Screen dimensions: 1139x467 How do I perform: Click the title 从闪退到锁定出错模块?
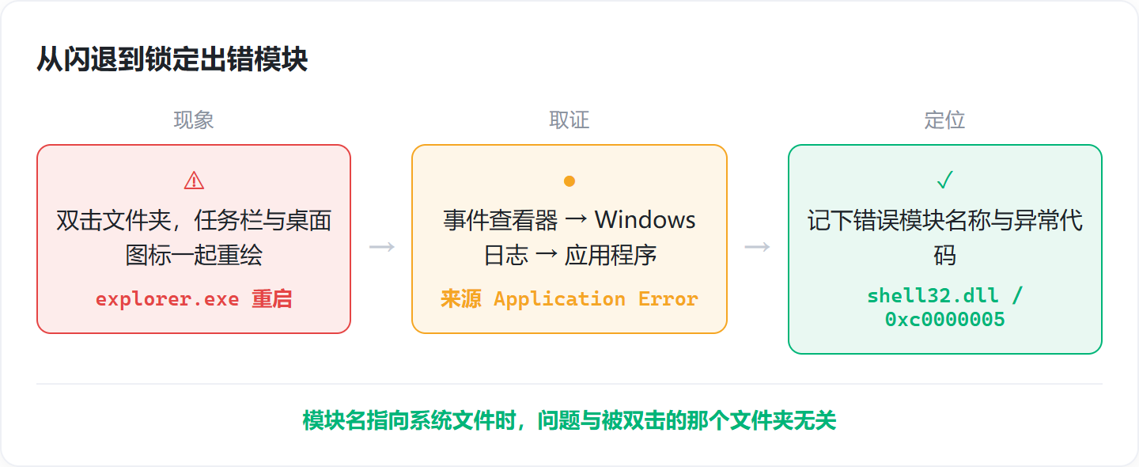[x=172, y=59]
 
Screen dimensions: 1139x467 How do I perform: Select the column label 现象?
[x=194, y=120]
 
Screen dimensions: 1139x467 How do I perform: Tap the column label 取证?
[x=569, y=120]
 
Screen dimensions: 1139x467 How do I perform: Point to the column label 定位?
[x=944, y=120]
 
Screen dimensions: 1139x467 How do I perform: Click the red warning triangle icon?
[x=194, y=180]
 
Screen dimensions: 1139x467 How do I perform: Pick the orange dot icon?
[x=569, y=181]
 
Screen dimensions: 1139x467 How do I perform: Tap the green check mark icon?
[x=944, y=180]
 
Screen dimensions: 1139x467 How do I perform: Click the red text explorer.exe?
[x=168, y=299]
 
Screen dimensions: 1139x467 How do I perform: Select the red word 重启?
[x=271, y=299]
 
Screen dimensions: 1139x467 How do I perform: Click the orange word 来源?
[x=460, y=299]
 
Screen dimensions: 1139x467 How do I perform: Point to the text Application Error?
[x=596, y=299]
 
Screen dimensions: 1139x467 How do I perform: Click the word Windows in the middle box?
[x=645, y=220]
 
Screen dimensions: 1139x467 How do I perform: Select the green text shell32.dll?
[x=933, y=295]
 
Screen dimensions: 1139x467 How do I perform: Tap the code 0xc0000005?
[x=944, y=320]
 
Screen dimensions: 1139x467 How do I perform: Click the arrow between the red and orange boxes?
[x=382, y=247]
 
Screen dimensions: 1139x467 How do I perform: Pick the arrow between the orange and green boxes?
[x=757, y=247]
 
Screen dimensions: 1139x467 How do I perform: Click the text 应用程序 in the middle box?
[x=611, y=255]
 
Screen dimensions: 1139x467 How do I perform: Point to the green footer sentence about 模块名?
[x=569, y=421]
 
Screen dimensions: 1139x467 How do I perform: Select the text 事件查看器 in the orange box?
[x=501, y=220]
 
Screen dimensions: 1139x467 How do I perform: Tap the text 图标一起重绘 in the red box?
[x=194, y=255]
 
